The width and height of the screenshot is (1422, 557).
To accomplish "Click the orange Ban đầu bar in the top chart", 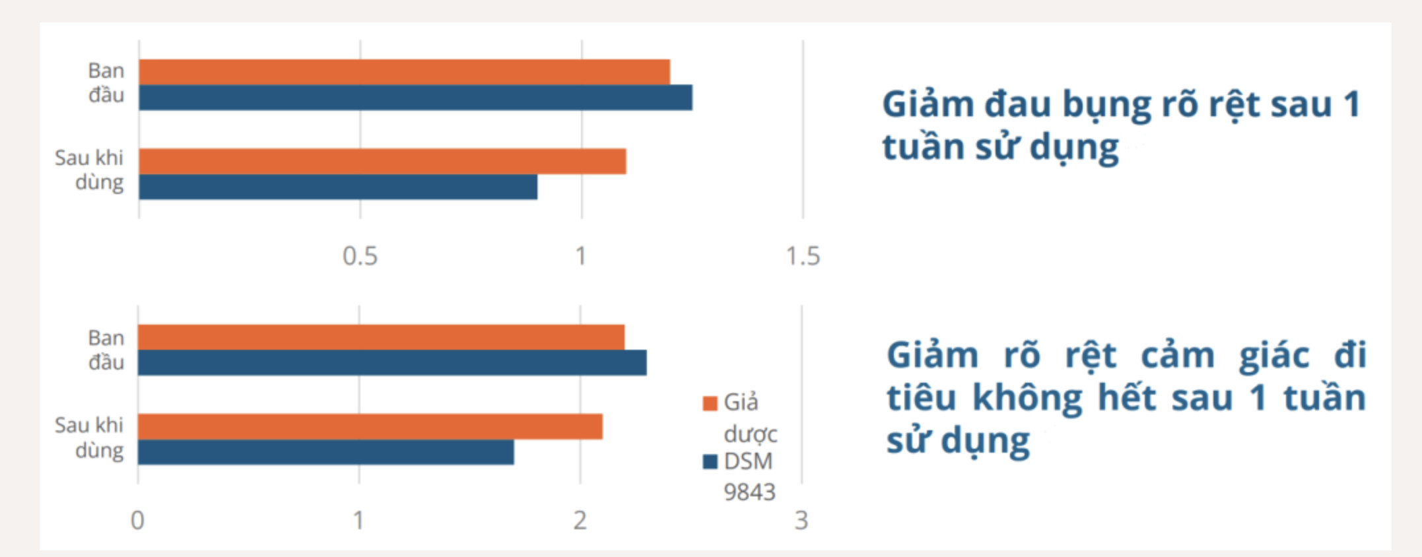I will pos(404,72).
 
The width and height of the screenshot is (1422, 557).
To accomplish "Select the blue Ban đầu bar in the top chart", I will pos(415,98).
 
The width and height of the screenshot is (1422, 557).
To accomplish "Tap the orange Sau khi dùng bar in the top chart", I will pos(382,162).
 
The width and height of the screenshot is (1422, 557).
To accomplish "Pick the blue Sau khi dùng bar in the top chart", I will pos(338,187).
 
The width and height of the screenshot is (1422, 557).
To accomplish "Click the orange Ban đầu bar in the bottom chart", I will pos(381,337).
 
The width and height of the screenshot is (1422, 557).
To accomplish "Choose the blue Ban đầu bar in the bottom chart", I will pos(392,363).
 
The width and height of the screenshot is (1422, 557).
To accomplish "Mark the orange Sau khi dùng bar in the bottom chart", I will pos(370,427).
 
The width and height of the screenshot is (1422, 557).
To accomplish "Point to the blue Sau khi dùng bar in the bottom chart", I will pos(325,452).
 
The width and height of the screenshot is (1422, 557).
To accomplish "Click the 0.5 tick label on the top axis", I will pos(360,256).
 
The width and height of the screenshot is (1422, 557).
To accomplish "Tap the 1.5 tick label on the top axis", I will pos(803,256).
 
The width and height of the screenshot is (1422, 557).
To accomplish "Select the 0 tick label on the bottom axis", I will pos(137,521).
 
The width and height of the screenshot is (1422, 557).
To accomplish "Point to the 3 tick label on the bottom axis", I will pos(801,521).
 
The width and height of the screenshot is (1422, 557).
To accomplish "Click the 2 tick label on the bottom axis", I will pos(580,521).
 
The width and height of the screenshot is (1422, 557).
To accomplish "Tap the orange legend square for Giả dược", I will pos(710,403).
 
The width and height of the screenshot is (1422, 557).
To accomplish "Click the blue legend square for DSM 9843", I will pos(710,461).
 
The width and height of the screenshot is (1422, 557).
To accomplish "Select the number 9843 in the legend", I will pos(749,492).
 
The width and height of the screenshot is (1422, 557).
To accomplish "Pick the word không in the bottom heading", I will pos(1027,399).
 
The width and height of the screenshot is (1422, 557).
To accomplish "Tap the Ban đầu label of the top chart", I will pos(106,82).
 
